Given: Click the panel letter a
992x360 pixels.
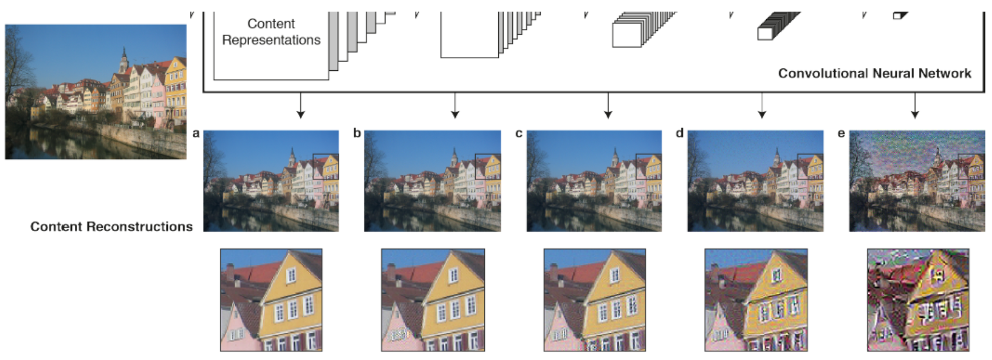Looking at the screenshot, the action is coord(196,133).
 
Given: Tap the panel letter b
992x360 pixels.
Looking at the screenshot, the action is coord(357,133).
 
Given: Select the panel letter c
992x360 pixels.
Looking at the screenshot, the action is coord(519,133).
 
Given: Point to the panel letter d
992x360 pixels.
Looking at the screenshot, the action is coord(680,133).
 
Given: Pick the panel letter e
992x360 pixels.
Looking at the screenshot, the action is coord(841,133).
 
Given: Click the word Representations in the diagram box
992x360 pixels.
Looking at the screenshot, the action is coord(271,40).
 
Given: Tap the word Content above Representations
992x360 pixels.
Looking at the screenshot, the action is coord(271,24).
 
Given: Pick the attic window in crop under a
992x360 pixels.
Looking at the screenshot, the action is coord(291,274).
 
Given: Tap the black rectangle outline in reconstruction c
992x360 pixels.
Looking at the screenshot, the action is coord(649,167).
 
